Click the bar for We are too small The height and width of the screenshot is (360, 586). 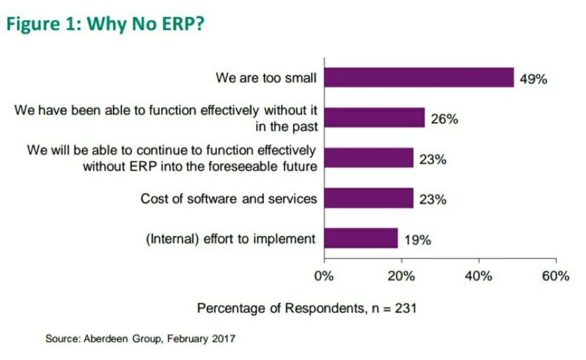coord(418,77)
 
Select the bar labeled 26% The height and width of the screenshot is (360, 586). coord(374,118)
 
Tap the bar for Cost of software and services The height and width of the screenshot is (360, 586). coord(368,198)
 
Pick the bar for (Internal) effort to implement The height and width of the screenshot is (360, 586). coord(361,238)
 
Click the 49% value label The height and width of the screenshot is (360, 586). coord(533,79)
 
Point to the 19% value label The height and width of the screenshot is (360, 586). coord(417,240)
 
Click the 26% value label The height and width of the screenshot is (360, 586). coord(444,120)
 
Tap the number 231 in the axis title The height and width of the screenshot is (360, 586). coord(405,307)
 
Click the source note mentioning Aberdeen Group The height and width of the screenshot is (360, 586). coord(140,339)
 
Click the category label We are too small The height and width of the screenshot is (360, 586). coord(266,78)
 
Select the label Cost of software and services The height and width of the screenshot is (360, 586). coord(229,198)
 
